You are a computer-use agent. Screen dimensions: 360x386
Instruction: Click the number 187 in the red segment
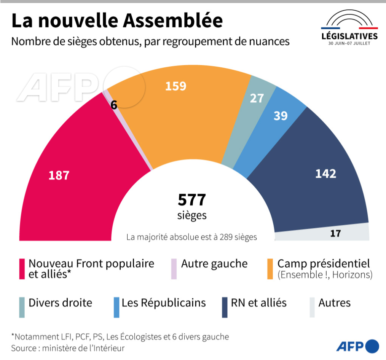click(59, 175)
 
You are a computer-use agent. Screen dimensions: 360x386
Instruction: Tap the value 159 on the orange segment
click(175, 86)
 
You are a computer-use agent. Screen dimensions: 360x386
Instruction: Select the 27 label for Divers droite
click(257, 98)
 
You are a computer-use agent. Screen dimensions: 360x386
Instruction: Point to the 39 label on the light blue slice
click(281, 116)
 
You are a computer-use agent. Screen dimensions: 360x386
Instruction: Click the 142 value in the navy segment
click(325, 174)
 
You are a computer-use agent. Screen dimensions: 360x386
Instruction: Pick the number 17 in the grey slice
click(335, 233)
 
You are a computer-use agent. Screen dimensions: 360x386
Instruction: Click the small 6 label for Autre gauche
click(114, 105)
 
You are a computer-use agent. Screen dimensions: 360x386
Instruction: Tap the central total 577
click(192, 200)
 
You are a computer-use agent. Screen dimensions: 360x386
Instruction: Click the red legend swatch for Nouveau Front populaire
click(22, 269)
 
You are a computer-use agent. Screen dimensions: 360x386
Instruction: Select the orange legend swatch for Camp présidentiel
click(270, 269)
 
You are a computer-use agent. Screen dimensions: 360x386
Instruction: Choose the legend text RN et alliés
click(258, 303)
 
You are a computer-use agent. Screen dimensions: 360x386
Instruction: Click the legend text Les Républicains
click(164, 303)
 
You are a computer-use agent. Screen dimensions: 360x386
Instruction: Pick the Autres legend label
click(334, 303)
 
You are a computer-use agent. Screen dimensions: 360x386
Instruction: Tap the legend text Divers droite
click(61, 303)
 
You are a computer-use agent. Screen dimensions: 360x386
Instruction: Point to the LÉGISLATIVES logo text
click(349, 36)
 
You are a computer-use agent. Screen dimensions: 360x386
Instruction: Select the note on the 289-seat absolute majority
click(191, 237)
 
